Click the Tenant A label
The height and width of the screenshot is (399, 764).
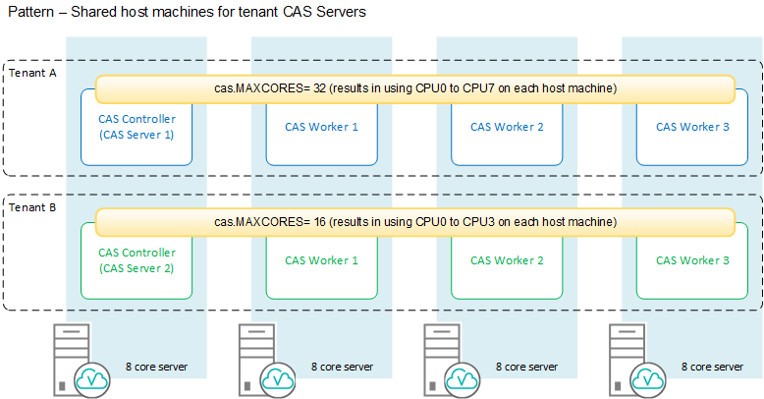[x=31, y=73]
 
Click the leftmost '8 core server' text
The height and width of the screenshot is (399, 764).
[x=157, y=367]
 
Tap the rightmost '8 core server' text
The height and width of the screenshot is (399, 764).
[x=713, y=367]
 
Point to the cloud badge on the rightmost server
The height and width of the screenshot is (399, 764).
[x=649, y=378]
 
